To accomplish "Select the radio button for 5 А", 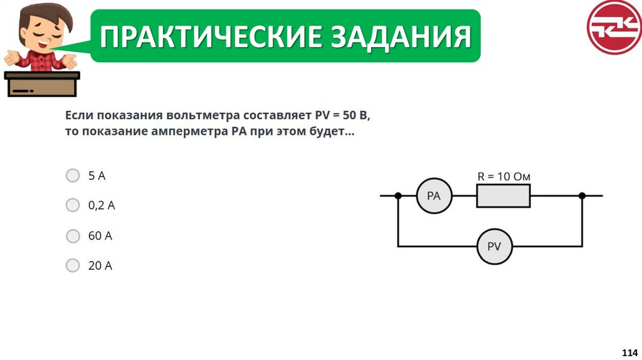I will coord(73,176).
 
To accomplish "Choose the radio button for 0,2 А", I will coord(73,205).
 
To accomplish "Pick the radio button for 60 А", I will coord(73,236).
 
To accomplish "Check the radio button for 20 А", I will coord(73,265).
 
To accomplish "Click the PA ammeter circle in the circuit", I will coord(434,196).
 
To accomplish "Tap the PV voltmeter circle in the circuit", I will coord(494,246).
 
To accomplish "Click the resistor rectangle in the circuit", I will coord(503,196).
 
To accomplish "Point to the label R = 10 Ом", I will coord(503,177).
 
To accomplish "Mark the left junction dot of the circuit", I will coord(398,196).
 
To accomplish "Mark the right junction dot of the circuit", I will coord(582,196).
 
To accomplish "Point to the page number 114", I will coord(629,351).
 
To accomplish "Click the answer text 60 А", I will coord(100,236).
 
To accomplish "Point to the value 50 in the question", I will coord(349,116).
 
